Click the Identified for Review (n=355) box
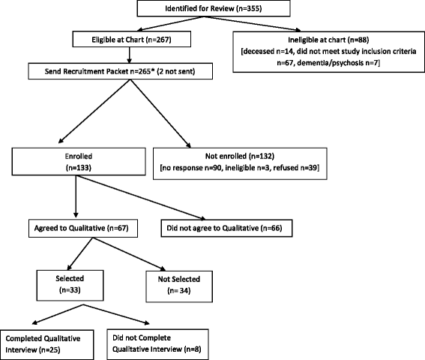coord(214,8)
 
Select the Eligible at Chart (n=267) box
coord(131,39)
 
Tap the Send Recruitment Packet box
coord(120,71)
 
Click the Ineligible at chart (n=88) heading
coord(328,40)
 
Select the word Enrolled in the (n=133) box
coord(79,156)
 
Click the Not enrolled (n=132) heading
coord(240,156)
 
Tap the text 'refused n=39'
coord(295,168)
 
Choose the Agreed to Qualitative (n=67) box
coord(83,229)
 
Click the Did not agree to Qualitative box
coord(226,228)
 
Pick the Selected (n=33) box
coord(70,286)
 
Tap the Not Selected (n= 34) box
coord(179,286)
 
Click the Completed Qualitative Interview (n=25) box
coord(47,345)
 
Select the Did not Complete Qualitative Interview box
coord(157,344)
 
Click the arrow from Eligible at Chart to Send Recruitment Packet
coord(129,55)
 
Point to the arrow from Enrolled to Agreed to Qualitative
coord(76,196)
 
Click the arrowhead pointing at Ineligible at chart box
coord(298,30)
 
